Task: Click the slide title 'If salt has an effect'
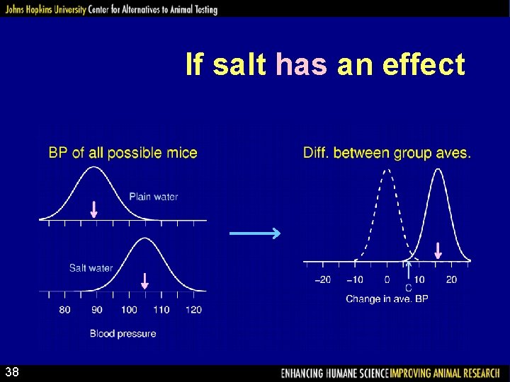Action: [325, 65]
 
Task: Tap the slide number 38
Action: [12, 372]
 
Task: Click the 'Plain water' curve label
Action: [153, 197]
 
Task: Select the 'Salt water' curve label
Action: [91, 267]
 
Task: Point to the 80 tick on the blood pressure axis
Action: [64, 310]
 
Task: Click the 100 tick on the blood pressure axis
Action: [129, 310]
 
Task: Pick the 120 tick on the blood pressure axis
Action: [193, 310]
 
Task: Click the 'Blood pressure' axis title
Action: [123, 333]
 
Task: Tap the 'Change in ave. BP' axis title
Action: [387, 299]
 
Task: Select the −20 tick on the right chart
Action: [322, 279]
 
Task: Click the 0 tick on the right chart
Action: [387, 279]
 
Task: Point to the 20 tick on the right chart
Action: [451, 279]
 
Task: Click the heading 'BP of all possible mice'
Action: [123, 153]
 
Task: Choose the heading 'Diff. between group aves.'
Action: [387, 153]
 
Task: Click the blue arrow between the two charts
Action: [255, 233]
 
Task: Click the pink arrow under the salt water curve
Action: [144, 281]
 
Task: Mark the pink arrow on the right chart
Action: [438, 250]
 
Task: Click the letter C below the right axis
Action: [409, 289]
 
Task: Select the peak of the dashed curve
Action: [385, 170]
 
